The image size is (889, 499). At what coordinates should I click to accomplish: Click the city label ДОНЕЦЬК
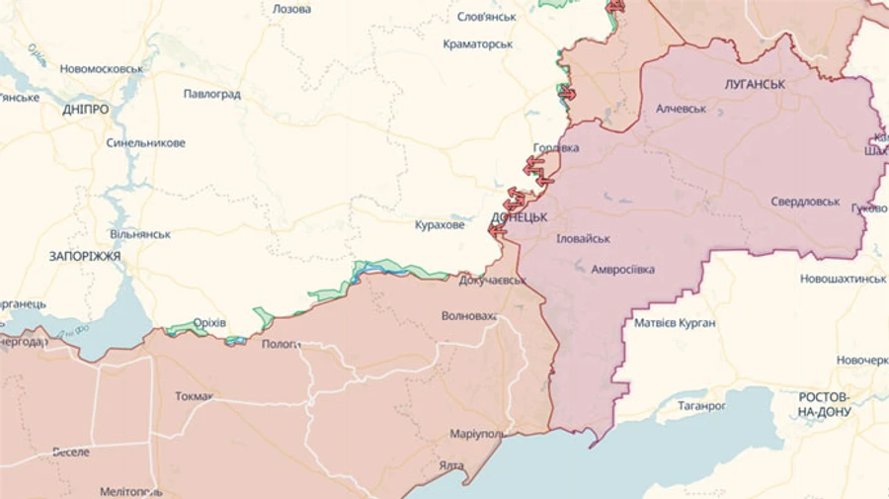pos(519,215)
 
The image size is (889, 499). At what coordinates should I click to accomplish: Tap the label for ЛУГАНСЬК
pos(754,85)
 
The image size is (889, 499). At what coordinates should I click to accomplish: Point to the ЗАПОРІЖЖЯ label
pos(84,256)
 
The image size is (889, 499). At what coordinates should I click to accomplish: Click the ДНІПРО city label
pos(85,110)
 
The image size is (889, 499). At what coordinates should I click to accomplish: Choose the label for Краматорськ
pos(477,44)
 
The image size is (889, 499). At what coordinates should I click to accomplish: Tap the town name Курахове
pos(440,225)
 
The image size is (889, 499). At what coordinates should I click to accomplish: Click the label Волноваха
pos(469,317)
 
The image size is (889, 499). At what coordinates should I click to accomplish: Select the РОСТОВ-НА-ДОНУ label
pos(824,404)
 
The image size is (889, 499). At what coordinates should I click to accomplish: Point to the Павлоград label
pos(211,95)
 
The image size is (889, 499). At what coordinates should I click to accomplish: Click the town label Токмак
pos(194,397)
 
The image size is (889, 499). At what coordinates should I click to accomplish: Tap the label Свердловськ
pos(805,202)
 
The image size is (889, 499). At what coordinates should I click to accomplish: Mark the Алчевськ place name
pos(682,109)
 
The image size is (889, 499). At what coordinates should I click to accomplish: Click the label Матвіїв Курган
pos(675,323)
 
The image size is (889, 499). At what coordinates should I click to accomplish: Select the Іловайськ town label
pos(583,239)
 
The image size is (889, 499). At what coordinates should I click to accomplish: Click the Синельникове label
pos(145,143)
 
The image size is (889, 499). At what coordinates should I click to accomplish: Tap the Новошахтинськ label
pos(843,279)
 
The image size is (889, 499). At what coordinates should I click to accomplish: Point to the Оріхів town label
pos(208,323)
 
